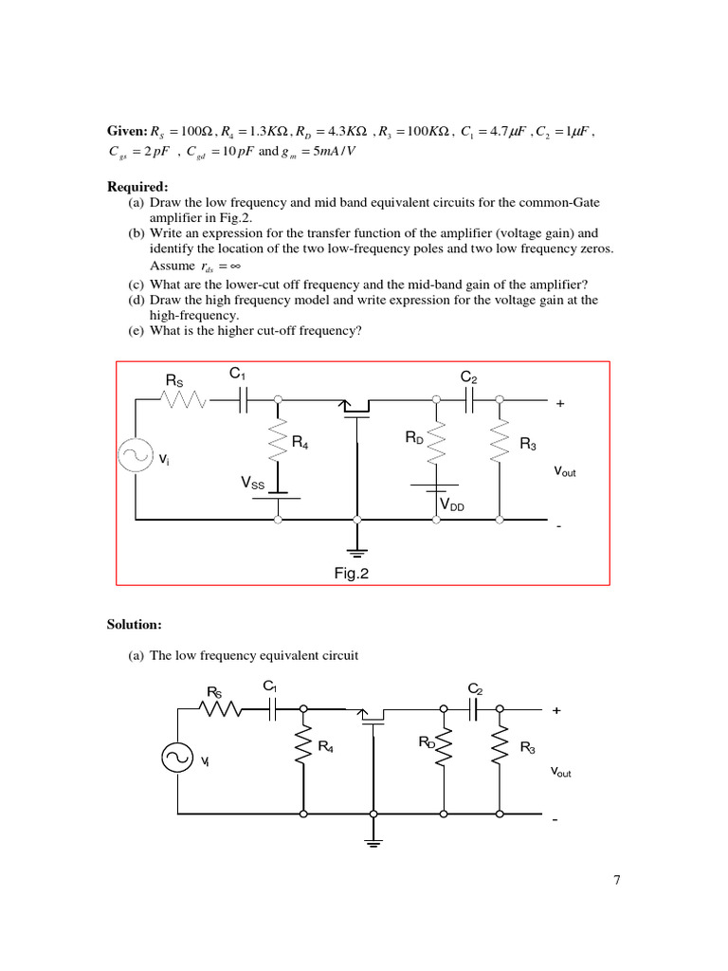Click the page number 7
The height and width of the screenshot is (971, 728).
(x=617, y=881)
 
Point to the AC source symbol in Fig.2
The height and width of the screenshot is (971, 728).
(x=134, y=456)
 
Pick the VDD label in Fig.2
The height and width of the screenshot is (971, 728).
(x=451, y=506)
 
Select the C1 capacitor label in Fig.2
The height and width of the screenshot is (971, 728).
(x=238, y=374)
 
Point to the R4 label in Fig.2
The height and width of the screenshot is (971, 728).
(x=300, y=442)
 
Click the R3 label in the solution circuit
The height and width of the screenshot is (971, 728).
(x=527, y=749)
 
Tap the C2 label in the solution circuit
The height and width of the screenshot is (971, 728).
(x=475, y=688)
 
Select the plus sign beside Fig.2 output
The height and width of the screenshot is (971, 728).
(x=559, y=403)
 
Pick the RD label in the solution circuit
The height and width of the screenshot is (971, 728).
(x=427, y=742)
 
